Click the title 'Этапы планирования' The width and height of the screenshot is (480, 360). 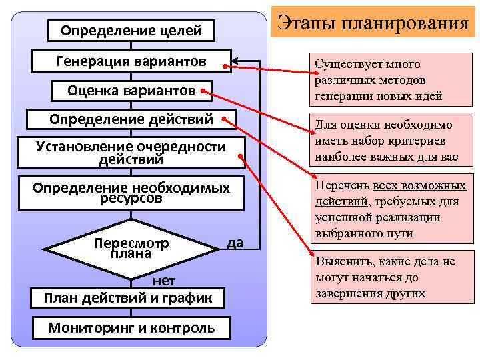click(x=373, y=24)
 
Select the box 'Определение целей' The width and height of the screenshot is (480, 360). click(x=131, y=30)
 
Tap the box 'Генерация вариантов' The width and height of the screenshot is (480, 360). click(x=131, y=62)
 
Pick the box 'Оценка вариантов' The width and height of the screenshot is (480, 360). click(x=131, y=90)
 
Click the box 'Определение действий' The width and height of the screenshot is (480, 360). click(x=131, y=119)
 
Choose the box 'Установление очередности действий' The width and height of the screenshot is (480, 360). click(x=131, y=153)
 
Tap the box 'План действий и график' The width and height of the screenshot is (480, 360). click(x=128, y=297)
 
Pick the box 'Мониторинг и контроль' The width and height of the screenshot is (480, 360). click(x=131, y=327)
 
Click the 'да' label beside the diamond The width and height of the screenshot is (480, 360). click(x=235, y=243)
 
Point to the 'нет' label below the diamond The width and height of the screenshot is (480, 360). click(x=164, y=281)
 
